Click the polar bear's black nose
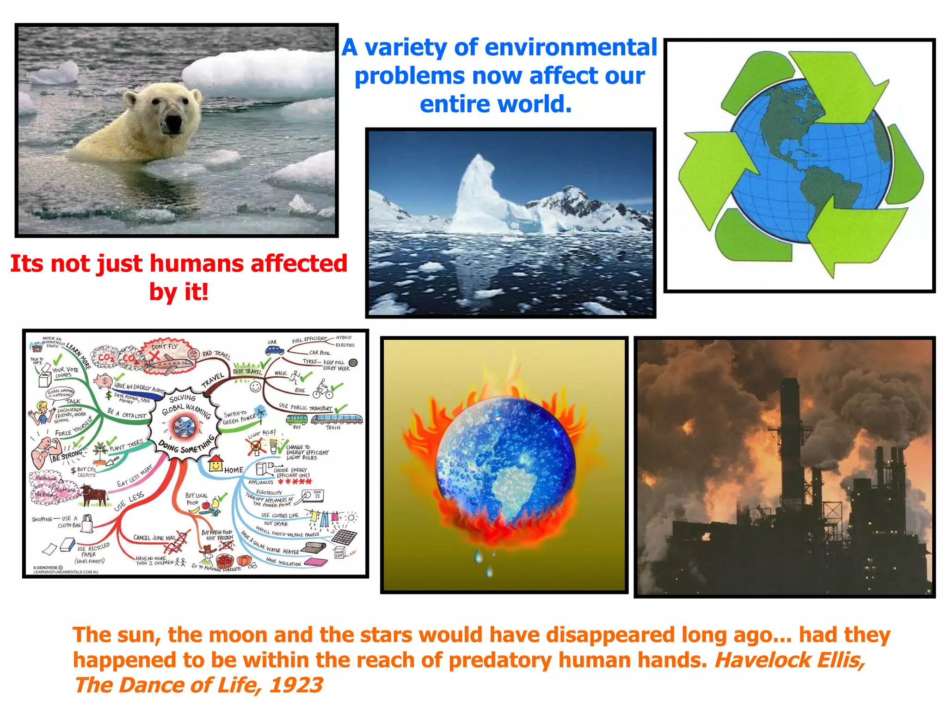(173, 123)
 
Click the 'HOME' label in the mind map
(234, 470)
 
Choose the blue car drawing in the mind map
(275, 350)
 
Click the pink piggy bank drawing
(103, 381)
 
